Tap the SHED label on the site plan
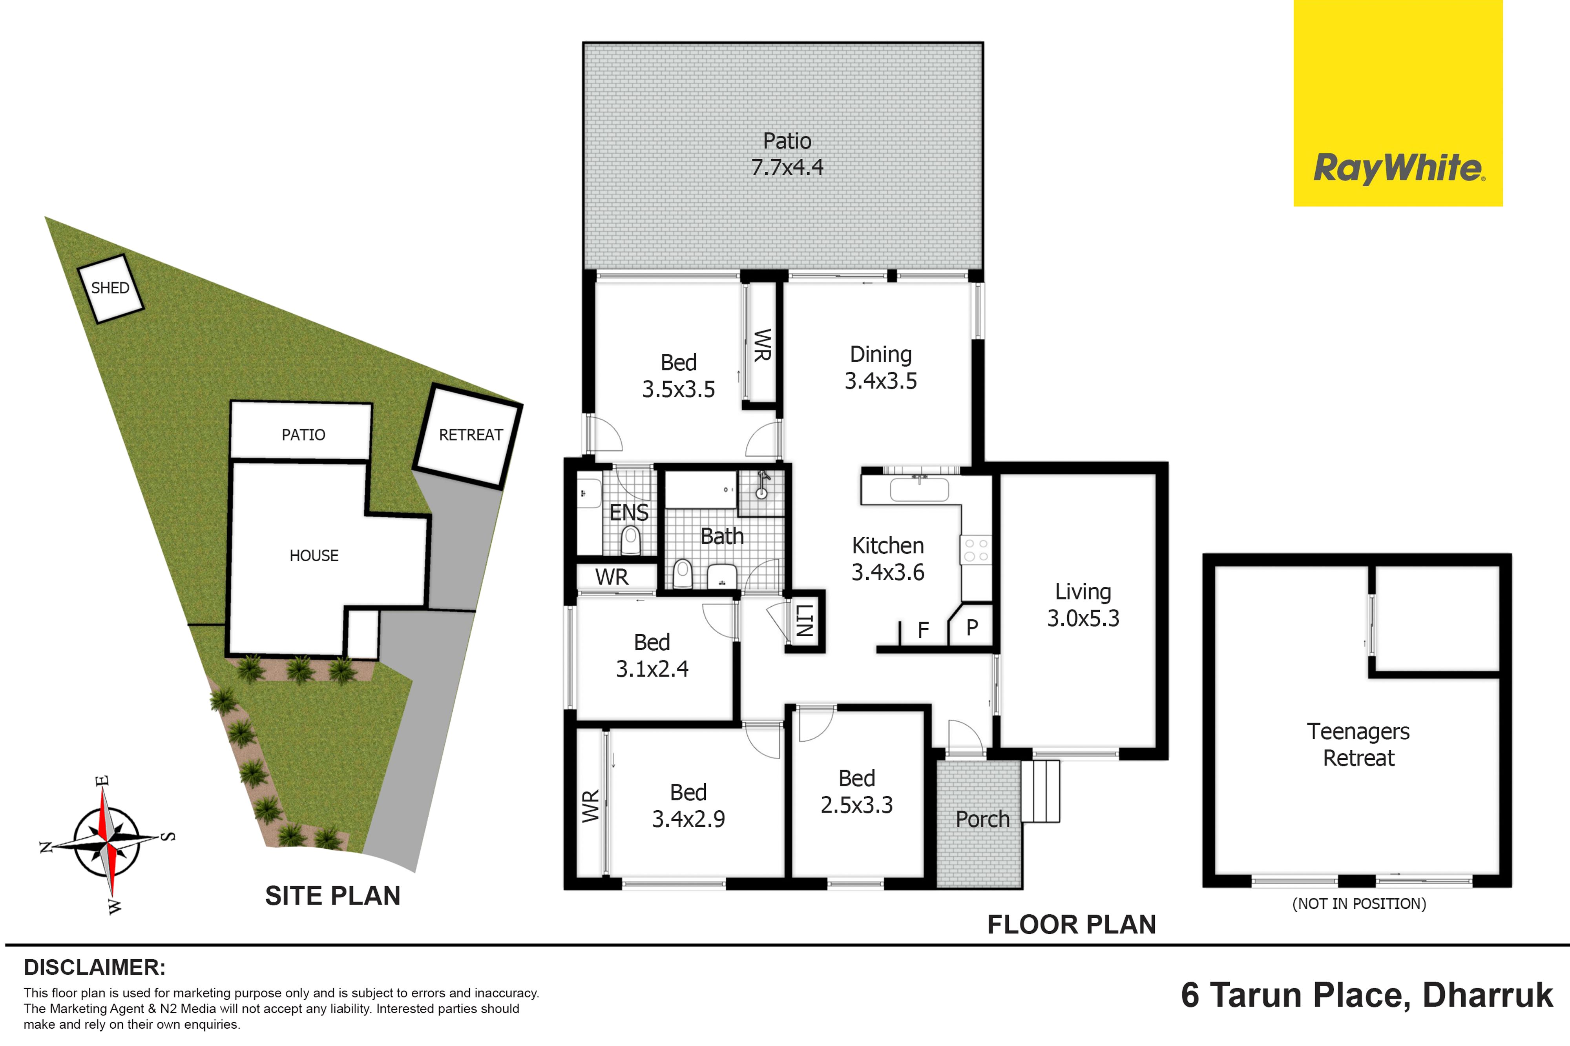click(110, 288)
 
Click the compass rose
click(107, 844)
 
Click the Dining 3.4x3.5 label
click(881, 367)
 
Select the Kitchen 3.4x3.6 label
click(888, 559)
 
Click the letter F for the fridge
click(923, 630)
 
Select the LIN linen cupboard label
click(804, 620)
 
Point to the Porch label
click(982, 819)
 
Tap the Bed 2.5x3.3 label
click(856, 791)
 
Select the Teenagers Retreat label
click(1358, 744)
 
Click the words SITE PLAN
click(332, 896)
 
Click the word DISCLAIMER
click(95, 967)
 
